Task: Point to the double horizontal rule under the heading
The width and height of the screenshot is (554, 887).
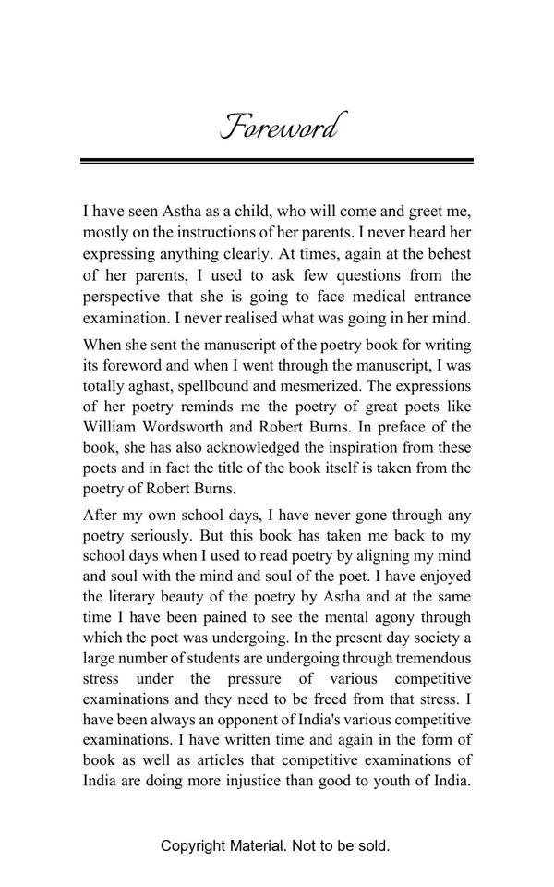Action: click(x=277, y=161)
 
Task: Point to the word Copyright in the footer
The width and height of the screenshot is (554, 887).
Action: click(x=193, y=845)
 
